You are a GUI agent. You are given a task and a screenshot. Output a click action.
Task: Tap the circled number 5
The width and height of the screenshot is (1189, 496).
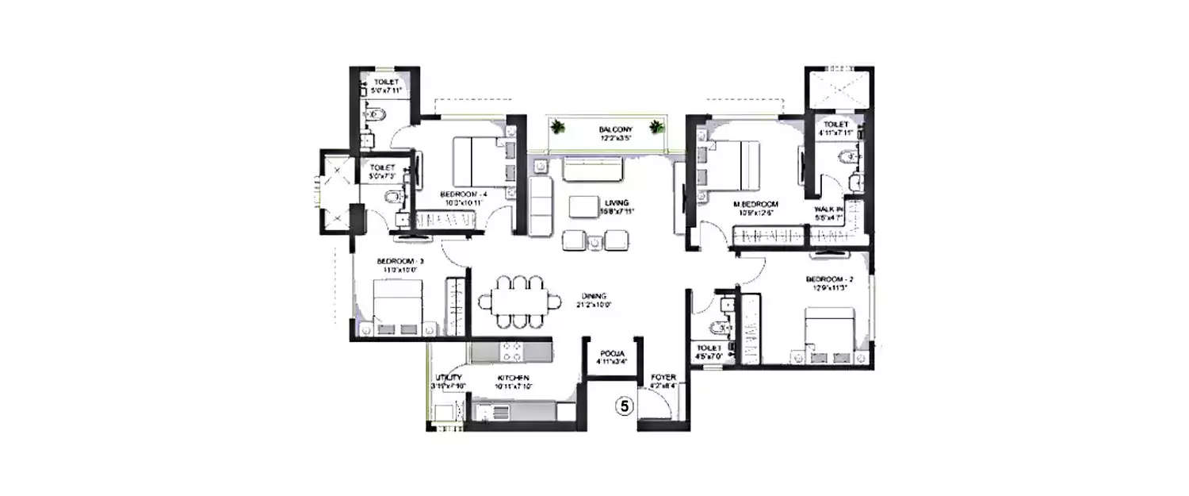[625, 406]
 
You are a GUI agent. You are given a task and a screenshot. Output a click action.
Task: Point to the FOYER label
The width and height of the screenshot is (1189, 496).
[662, 378]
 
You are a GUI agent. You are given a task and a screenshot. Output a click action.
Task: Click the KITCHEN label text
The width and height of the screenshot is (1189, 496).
[513, 378]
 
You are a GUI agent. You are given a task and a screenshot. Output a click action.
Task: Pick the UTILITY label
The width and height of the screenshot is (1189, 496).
[448, 378]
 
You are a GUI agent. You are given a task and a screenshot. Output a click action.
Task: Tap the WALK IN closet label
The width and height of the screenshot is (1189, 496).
[828, 210]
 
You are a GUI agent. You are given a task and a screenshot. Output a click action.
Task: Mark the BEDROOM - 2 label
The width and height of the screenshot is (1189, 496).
[828, 279]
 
